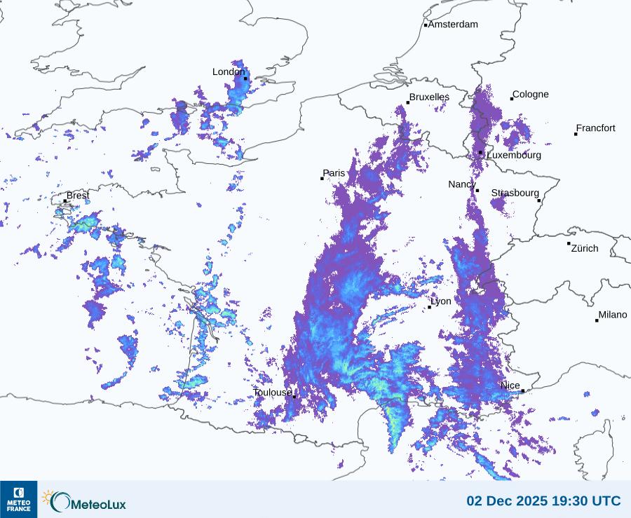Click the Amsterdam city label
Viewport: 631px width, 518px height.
453,25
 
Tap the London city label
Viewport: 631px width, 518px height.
229,71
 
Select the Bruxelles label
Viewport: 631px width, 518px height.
430,97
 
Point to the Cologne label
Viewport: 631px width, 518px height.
531,95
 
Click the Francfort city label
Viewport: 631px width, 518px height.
596,128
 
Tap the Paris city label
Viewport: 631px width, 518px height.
334,173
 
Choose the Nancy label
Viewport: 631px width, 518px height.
462,184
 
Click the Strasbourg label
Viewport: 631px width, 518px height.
515,193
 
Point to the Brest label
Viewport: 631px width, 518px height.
78,196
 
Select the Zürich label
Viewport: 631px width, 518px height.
585,248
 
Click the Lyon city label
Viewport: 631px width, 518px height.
441,301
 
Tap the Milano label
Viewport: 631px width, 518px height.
613,315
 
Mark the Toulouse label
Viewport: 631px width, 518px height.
272,393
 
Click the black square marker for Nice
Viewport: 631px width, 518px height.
523,391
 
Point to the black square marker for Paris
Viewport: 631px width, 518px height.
323,179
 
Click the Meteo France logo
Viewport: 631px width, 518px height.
18,499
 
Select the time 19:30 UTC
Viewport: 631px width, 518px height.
588,501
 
